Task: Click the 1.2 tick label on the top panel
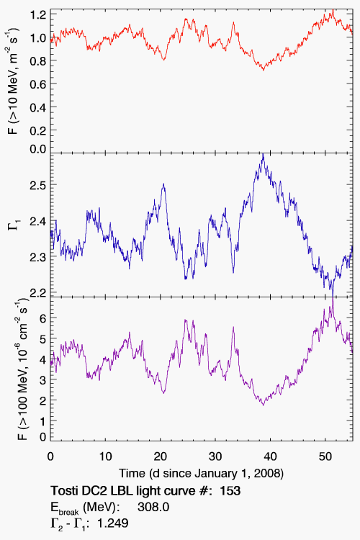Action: point(38,15)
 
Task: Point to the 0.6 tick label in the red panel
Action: point(38,84)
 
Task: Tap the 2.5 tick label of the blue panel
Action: point(38,185)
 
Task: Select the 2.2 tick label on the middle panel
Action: point(38,293)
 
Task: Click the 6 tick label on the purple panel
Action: point(42,318)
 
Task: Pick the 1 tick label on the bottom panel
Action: point(43,420)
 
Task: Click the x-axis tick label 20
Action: point(160,456)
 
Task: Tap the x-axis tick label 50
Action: point(325,456)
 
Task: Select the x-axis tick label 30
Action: point(215,456)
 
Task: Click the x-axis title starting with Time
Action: point(202,474)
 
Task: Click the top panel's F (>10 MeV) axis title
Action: point(14,81)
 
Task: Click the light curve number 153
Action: point(230,490)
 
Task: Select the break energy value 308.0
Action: point(153,507)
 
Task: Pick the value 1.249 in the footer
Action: point(113,523)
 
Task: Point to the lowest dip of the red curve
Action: point(264,70)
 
